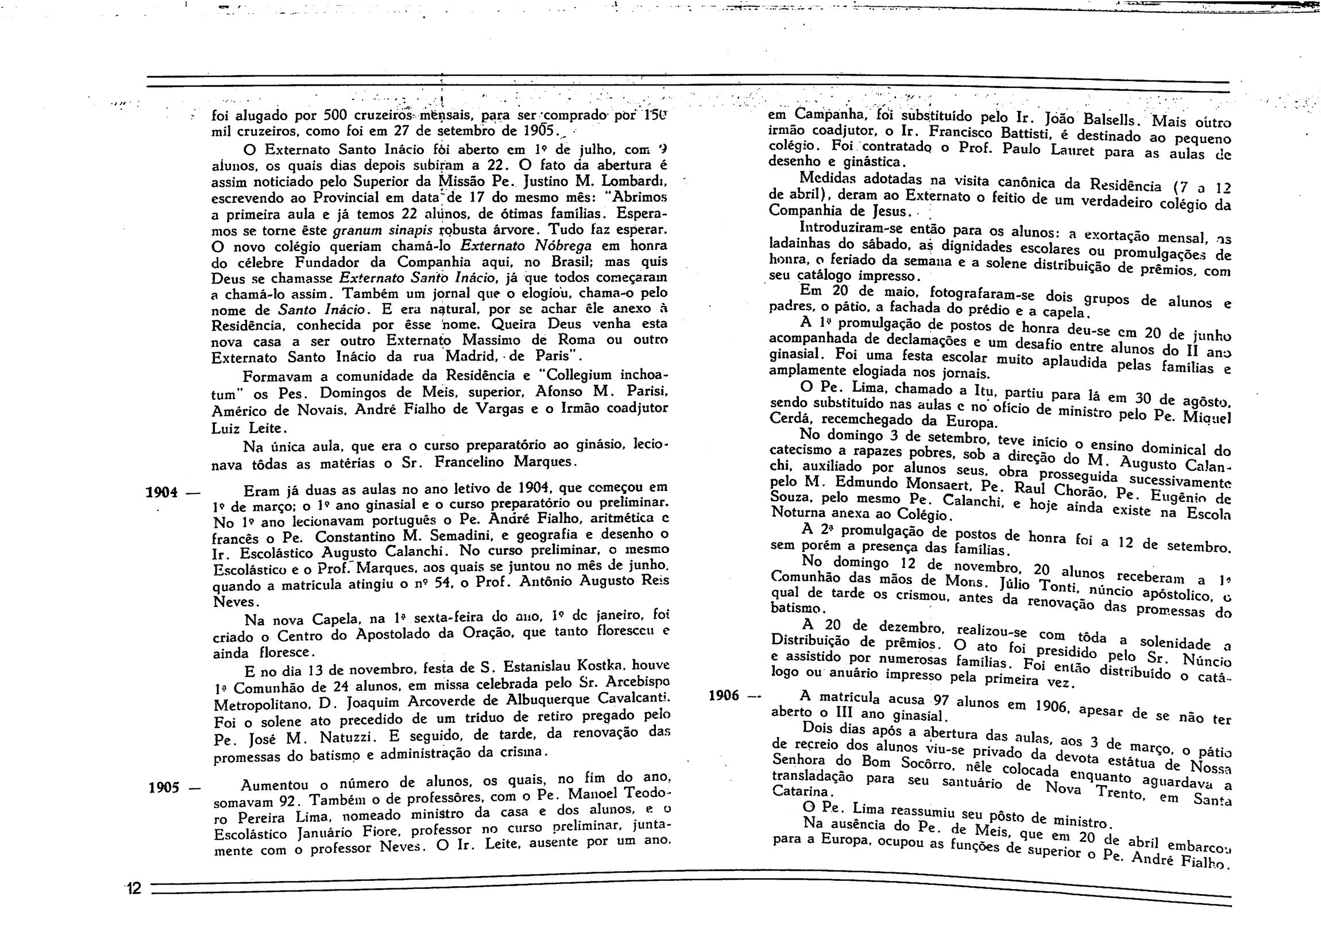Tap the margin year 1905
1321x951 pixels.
coord(163,788)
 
